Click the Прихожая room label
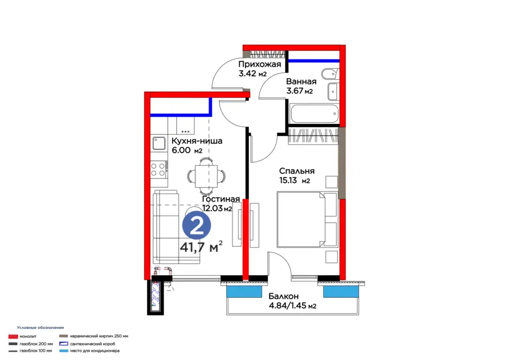tap(260, 64)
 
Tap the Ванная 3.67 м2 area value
tap(299, 91)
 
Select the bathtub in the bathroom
tap(314, 114)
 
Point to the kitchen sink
tap(159, 144)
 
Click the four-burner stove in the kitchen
tap(159, 170)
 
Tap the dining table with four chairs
tap(206, 176)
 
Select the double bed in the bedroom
tap(307, 219)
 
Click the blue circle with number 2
tap(196, 225)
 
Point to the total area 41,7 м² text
tap(201, 247)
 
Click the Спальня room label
tap(297, 171)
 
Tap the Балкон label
tap(283, 296)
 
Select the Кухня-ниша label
tap(197, 141)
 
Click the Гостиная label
tap(221, 199)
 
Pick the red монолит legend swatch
tap(13, 337)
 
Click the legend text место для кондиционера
tap(95, 351)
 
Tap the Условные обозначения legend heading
tap(41, 328)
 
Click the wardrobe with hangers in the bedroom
tap(313, 135)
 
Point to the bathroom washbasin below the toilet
tap(333, 92)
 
